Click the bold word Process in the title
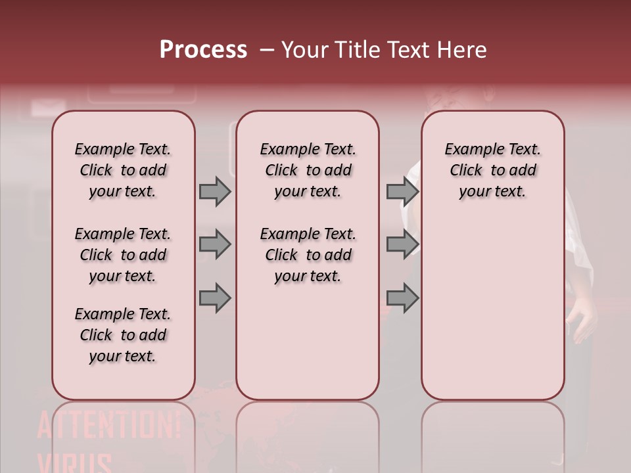203,50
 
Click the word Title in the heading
356,50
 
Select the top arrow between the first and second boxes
215,191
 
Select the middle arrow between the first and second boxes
215,245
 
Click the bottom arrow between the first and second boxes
215,298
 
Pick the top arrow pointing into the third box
402,191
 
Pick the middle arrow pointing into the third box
402,245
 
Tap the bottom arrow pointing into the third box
402,298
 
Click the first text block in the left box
123,170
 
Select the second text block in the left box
123,255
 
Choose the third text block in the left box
123,335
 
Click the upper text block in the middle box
308,170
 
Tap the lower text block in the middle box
308,255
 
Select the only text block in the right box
492,170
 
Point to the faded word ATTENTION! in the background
108,426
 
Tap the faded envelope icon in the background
44,107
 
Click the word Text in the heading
409,50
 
